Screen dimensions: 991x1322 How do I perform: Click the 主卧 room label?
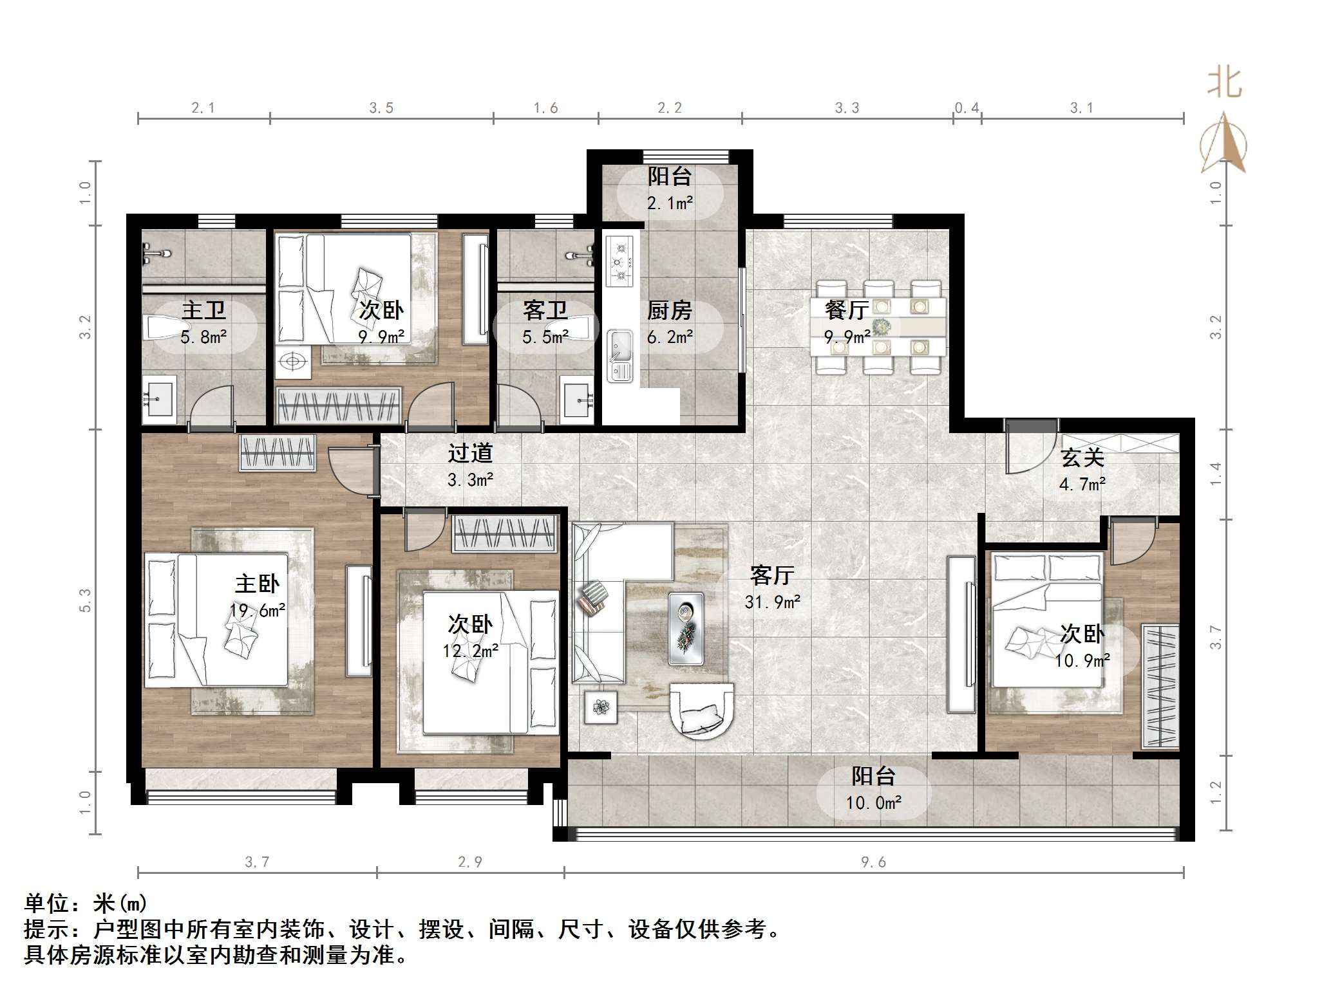257,584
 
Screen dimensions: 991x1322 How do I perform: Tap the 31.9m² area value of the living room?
772,602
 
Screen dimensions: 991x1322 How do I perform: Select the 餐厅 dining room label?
847,310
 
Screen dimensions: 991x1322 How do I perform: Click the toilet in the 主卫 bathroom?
161,327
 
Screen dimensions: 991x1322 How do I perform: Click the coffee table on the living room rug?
685,628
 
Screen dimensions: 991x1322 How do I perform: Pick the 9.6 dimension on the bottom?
873,862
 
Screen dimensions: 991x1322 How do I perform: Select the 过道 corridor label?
470,453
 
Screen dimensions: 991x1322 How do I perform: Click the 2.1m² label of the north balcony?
670,203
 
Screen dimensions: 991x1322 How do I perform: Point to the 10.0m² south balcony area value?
873,802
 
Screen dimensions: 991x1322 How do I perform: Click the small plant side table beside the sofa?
601,707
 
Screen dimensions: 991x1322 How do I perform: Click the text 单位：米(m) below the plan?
86,904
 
